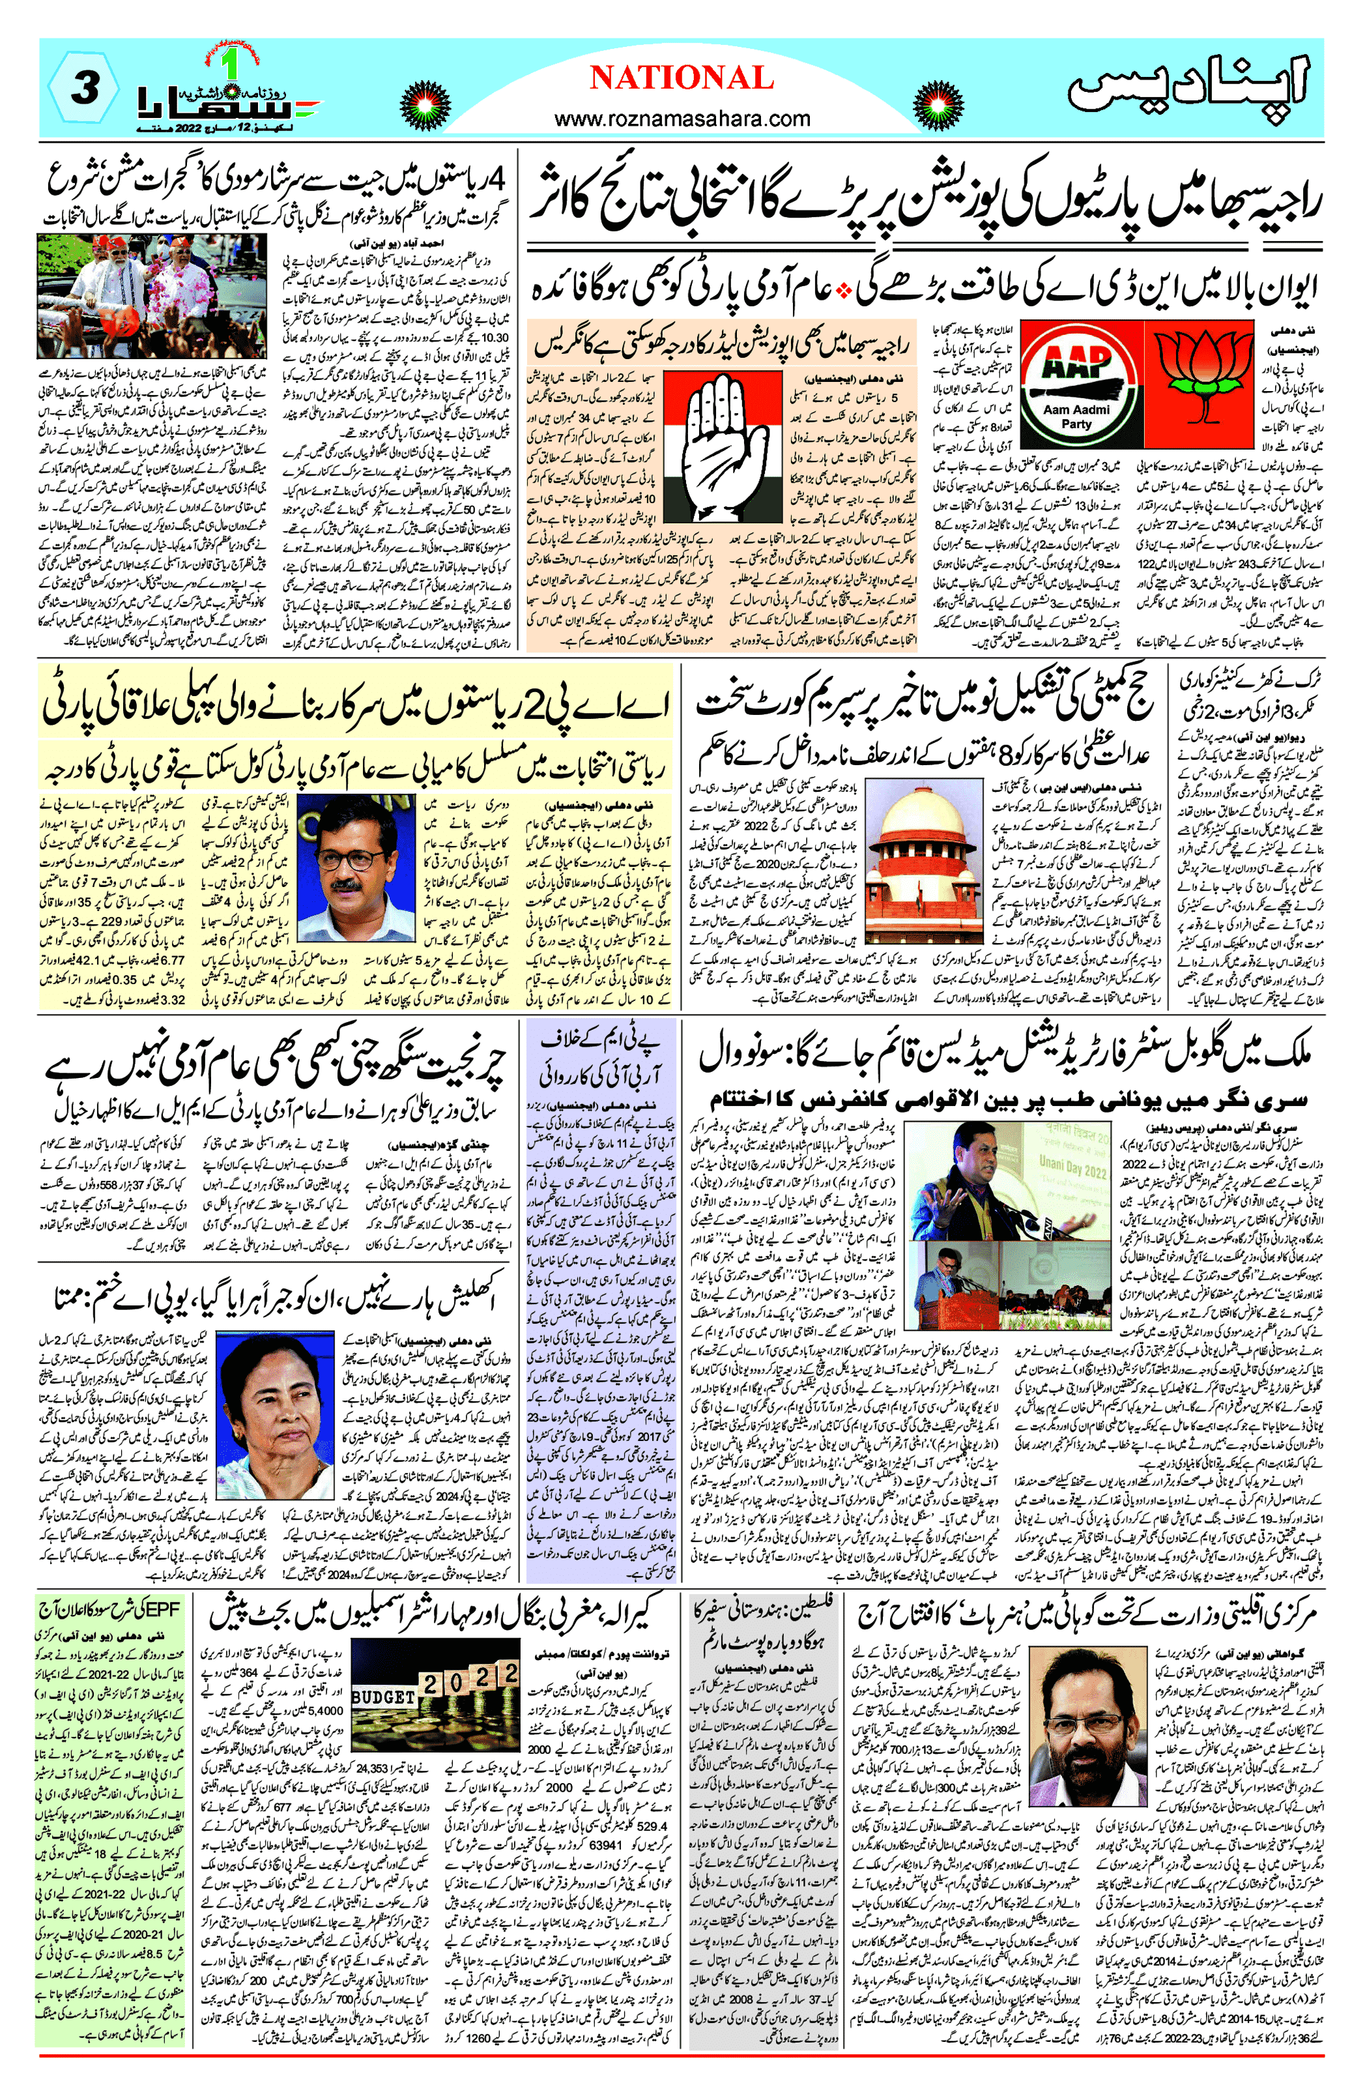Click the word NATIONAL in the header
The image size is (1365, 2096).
tap(682, 78)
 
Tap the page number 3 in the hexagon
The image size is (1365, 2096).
tap(83, 88)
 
